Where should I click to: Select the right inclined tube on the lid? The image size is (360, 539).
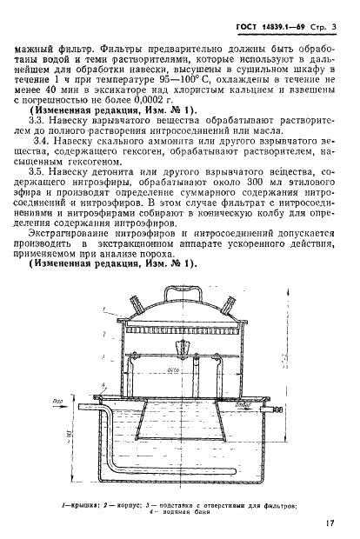229,309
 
